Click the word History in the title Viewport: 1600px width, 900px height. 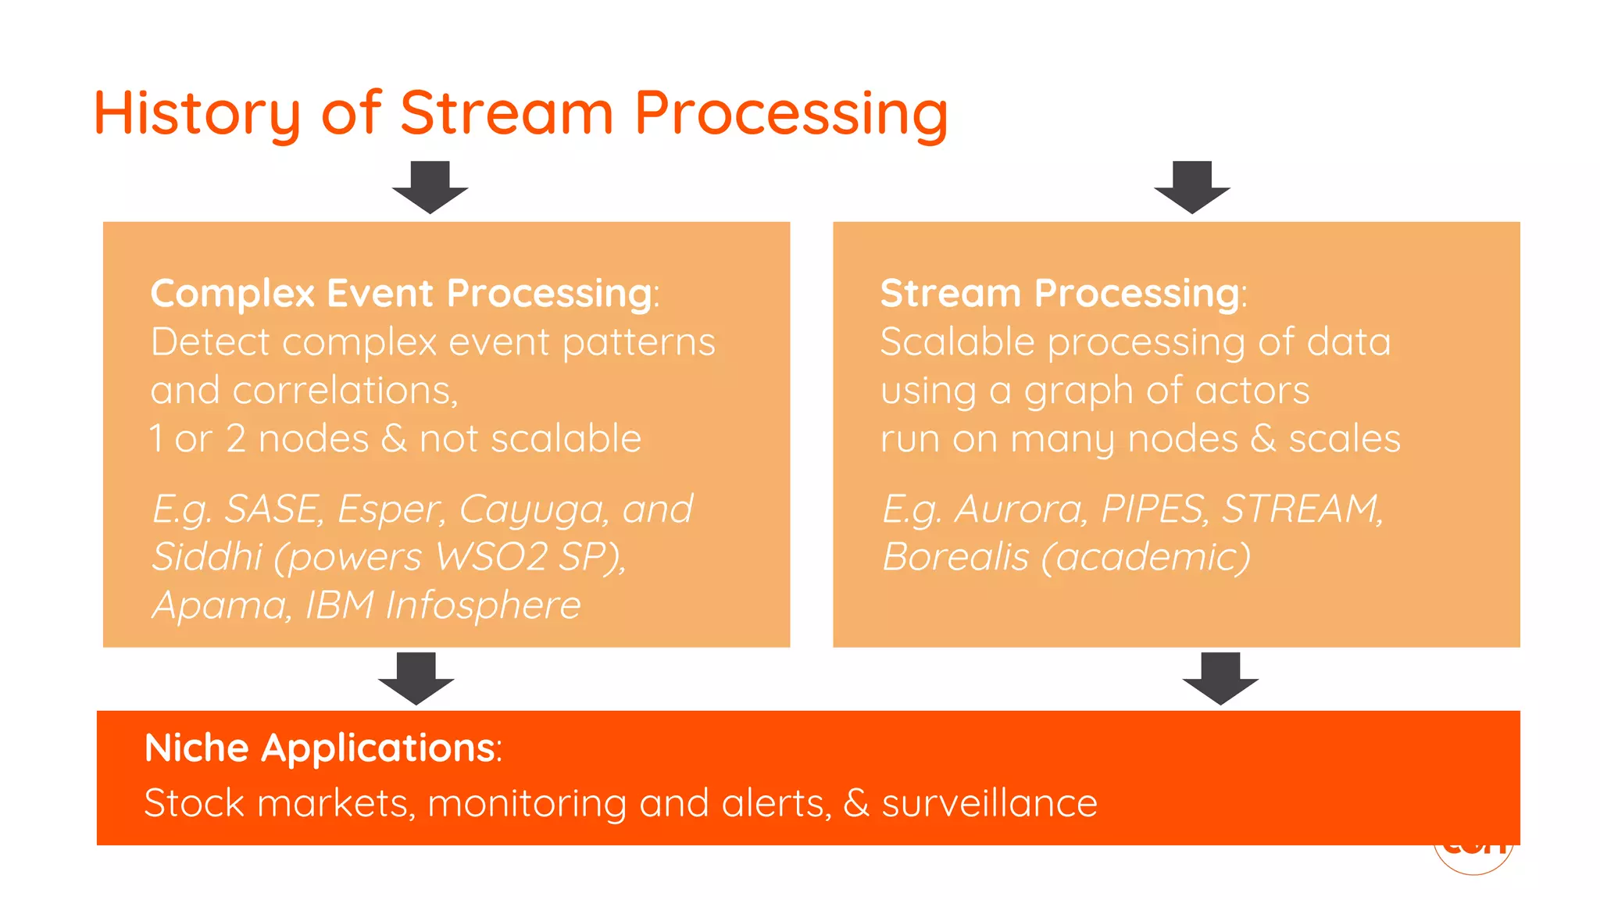point(197,113)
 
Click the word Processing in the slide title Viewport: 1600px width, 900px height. point(791,113)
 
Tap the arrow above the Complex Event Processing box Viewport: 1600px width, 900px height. point(430,187)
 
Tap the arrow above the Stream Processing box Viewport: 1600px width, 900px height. point(1192,187)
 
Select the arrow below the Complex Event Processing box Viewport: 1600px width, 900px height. point(416,678)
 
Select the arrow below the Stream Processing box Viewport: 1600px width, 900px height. point(1220,678)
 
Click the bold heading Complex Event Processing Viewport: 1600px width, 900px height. point(402,294)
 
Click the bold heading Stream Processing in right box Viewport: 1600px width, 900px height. point(1059,294)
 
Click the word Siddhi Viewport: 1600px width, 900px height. point(206,557)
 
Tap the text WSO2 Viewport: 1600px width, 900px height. point(491,557)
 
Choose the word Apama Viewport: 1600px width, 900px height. point(220,605)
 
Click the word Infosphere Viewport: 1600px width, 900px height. point(483,605)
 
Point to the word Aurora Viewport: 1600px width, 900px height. point(1020,509)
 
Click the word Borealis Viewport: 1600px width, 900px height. point(955,557)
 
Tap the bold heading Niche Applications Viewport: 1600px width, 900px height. point(320,748)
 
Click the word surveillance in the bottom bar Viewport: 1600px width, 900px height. point(989,804)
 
